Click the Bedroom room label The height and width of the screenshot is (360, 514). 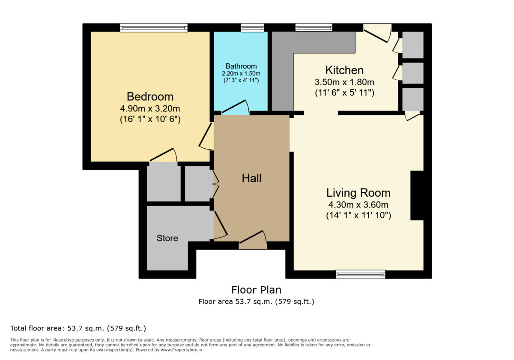150,96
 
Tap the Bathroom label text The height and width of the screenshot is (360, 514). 241,66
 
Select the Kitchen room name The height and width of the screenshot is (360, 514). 344,70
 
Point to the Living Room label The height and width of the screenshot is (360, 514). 359,193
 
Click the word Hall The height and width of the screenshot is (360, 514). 251,179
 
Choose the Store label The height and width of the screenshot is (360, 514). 167,238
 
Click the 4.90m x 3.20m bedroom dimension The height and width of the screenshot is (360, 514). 150,108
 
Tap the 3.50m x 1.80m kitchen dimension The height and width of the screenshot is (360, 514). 344,82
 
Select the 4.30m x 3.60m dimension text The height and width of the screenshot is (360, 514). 359,205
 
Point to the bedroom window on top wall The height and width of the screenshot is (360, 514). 154,28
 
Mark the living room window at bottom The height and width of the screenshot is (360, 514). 360,274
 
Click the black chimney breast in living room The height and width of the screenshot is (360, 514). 417,195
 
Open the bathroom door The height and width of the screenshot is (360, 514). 235,108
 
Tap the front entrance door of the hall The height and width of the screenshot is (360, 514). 253,240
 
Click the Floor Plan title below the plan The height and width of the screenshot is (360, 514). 256,290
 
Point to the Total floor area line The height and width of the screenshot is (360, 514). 78,329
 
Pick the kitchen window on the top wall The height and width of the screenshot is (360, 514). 314,28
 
